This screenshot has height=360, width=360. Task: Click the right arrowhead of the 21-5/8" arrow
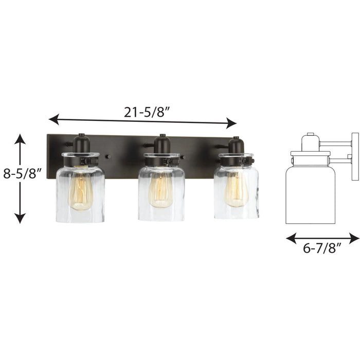(x=232, y=123)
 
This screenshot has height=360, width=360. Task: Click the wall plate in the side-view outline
(x=355, y=156)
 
